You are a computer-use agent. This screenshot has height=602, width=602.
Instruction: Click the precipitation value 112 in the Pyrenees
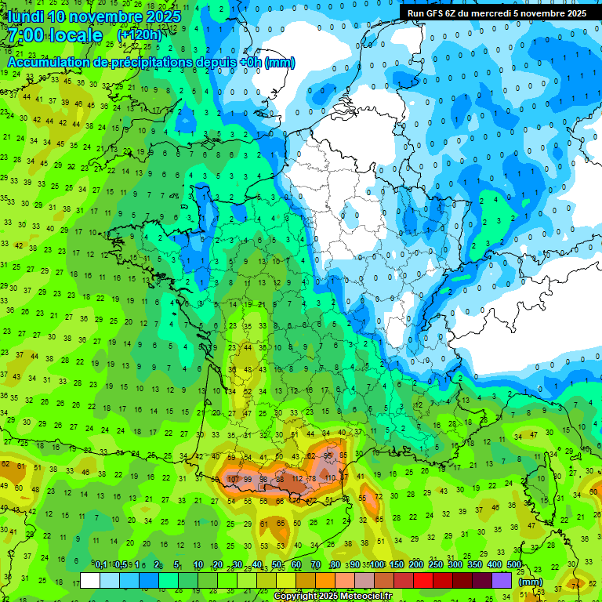(297, 479)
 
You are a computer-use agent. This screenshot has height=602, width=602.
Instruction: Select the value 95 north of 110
(329, 455)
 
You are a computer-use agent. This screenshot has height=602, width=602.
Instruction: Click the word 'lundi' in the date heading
(25, 16)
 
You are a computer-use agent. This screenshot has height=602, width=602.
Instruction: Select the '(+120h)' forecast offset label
(140, 35)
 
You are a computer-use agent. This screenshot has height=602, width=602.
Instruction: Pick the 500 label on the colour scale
(513, 565)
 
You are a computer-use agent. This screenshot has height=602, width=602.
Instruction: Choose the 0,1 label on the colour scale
(101, 565)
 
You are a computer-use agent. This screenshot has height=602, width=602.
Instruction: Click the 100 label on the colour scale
(377, 565)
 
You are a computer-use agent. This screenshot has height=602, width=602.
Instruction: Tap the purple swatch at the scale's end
(502, 580)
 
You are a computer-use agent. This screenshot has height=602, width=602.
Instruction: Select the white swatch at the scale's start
(90, 580)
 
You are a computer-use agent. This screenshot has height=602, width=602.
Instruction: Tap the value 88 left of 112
(280, 479)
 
